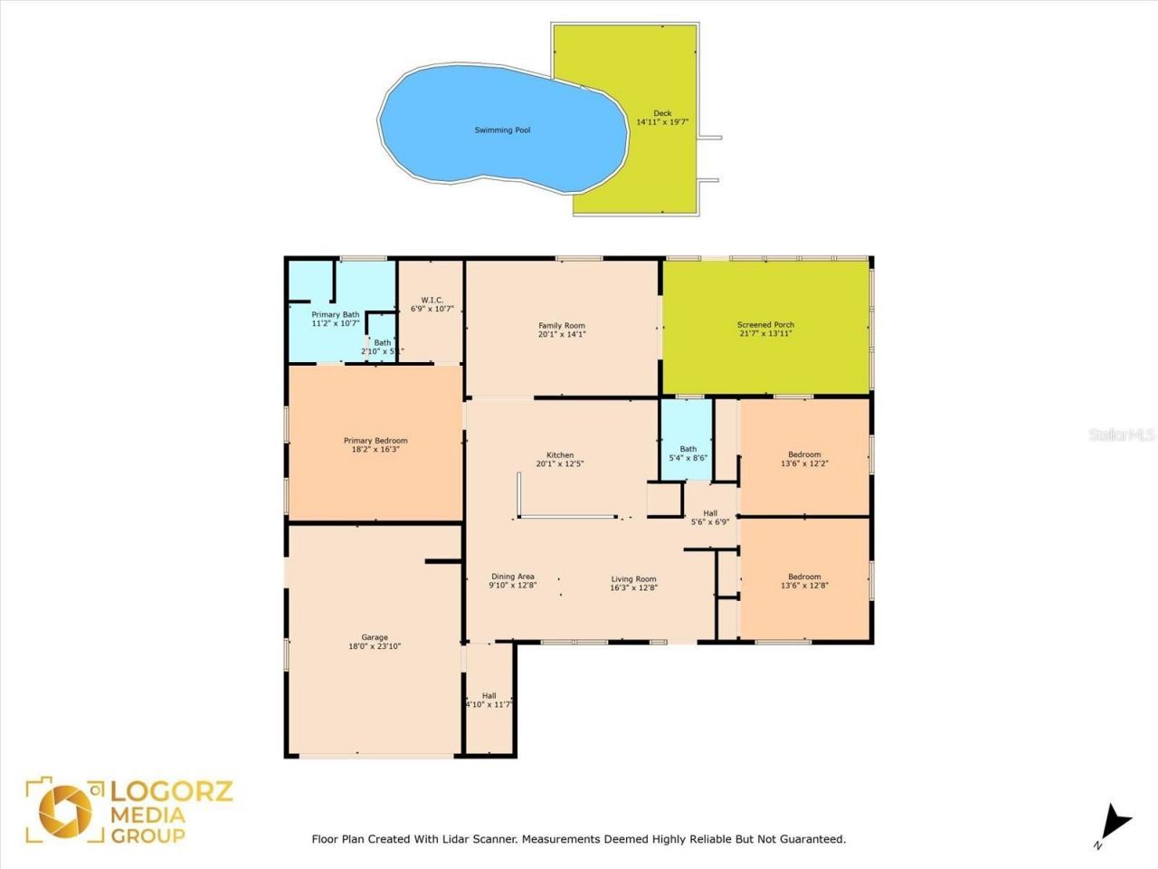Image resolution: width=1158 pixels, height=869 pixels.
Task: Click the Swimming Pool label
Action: pyautogui.click(x=502, y=130)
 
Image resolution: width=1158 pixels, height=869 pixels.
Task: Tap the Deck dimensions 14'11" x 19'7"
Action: pyautogui.click(x=662, y=122)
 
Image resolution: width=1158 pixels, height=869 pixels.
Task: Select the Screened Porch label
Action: pyautogui.click(x=765, y=325)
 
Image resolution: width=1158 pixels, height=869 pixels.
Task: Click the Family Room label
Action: pyautogui.click(x=562, y=326)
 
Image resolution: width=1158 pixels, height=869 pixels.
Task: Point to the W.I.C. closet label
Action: pyautogui.click(x=432, y=300)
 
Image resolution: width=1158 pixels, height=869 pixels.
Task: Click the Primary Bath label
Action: pyautogui.click(x=336, y=315)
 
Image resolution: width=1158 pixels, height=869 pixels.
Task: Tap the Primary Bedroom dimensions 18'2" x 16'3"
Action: pyautogui.click(x=375, y=449)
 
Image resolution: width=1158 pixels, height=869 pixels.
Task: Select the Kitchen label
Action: pyautogui.click(x=560, y=455)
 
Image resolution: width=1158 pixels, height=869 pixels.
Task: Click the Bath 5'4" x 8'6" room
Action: pyautogui.click(x=688, y=454)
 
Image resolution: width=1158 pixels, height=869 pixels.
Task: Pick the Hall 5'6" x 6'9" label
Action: pyautogui.click(x=710, y=513)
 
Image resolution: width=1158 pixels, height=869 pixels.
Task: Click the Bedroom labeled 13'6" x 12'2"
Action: pyautogui.click(x=804, y=459)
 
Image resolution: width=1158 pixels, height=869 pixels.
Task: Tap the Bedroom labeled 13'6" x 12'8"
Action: pyautogui.click(x=804, y=581)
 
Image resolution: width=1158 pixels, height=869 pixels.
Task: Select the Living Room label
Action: pyautogui.click(x=633, y=579)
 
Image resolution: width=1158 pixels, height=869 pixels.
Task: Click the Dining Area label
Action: pyautogui.click(x=513, y=577)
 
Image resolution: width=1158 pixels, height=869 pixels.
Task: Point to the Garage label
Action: pyautogui.click(x=375, y=637)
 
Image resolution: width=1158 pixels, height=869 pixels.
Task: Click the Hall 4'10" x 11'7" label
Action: pyautogui.click(x=489, y=696)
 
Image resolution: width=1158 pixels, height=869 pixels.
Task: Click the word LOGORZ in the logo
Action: pyautogui.click(x=171, y=792)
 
